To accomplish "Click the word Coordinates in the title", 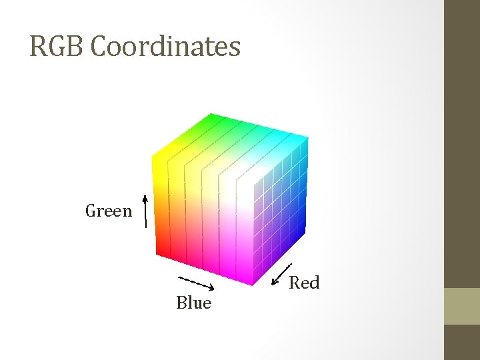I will tap(165, 47).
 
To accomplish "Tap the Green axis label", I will tap(109, 211).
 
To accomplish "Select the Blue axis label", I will tap(193, 303).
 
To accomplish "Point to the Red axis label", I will tap(304, 283).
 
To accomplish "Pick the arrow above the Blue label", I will tap(195, 283).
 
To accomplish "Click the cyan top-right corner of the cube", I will tap(306, 141).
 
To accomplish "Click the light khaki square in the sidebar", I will tap(461, 306).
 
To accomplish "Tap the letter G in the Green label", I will tap(91, 211).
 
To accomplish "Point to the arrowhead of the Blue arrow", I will tap(211, 288).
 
